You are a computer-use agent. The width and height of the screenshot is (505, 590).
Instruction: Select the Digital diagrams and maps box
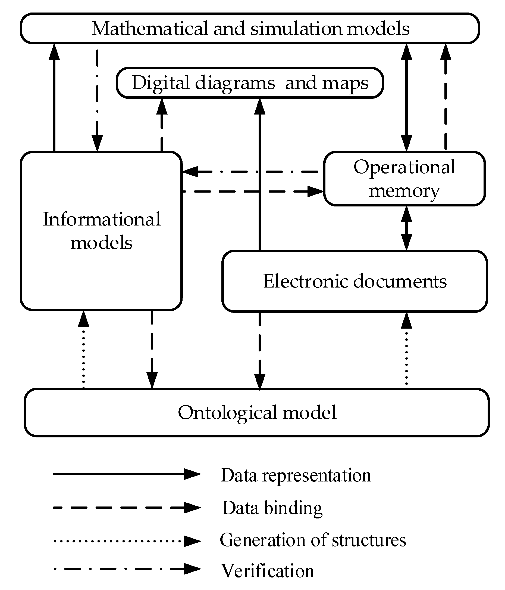pos(250,83)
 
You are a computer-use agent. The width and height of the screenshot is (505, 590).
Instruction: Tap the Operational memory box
pos(404,178)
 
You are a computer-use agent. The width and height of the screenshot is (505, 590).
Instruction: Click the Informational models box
pos(101,231)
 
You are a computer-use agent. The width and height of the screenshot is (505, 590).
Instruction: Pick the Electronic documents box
pos(355,281)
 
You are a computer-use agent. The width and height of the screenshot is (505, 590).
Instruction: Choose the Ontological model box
pos(257,412)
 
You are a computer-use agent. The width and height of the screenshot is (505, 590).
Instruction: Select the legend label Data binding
pos(272,508)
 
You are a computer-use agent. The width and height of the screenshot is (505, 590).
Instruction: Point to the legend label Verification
pos(267,571)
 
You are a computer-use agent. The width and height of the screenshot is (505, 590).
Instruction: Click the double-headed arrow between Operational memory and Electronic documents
pos(406,228)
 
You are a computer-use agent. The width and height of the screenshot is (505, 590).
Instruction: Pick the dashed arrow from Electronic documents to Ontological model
pos(260,350)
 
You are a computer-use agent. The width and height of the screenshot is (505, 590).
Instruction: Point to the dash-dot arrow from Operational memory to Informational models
pos(250,172)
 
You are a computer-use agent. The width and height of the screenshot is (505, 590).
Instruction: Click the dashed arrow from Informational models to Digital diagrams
pos(162,125)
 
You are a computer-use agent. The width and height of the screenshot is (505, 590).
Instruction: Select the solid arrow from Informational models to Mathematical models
pos(54,97)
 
